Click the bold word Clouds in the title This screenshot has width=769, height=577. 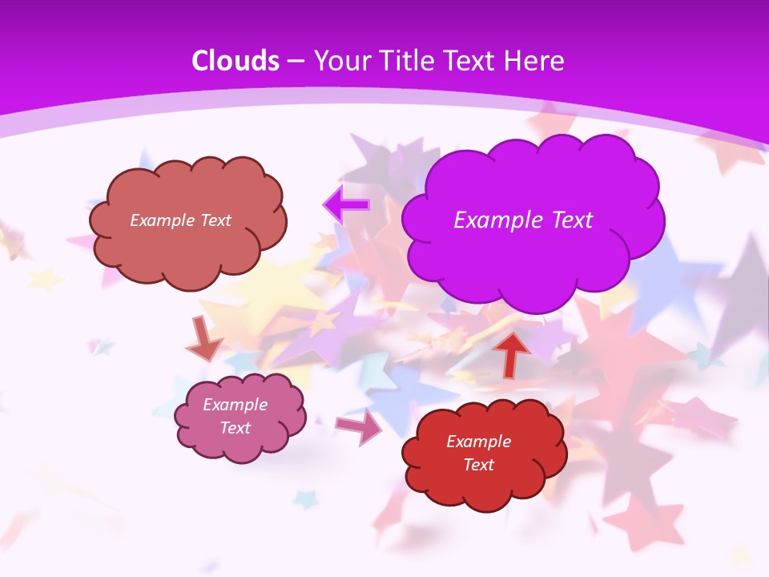click(236, 61)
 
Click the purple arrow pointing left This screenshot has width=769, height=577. click(346, 205)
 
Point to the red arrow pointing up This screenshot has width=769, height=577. click(511, 353)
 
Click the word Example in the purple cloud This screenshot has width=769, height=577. click(494, 220)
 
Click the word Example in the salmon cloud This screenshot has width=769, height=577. click(161, 220)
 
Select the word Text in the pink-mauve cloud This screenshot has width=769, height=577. click(236, 428)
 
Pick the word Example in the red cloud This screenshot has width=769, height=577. click(478, 442)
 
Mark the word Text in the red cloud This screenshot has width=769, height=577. click(478, 465)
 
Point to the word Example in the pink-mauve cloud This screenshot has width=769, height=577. click(236, 405)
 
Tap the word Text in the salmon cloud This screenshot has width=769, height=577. click(214, 220)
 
